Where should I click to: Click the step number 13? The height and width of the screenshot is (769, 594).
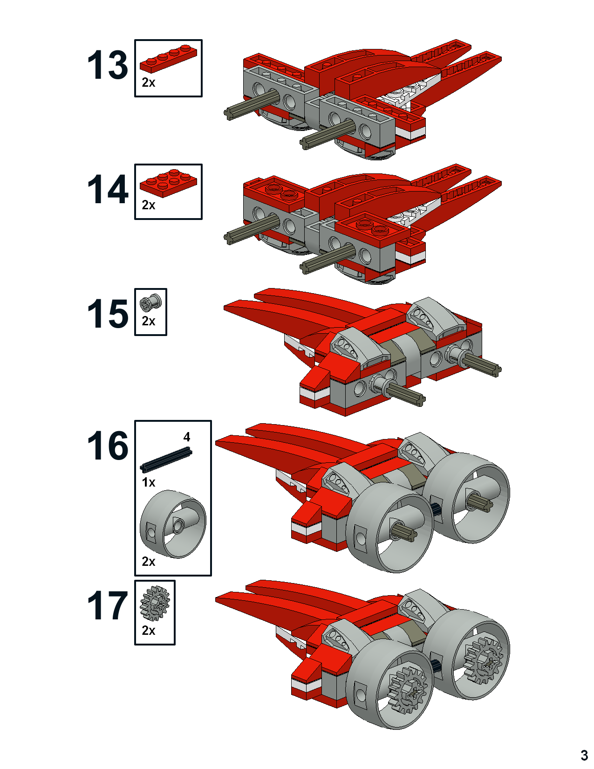point(108,65)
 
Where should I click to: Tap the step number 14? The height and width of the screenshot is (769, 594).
point(108,189)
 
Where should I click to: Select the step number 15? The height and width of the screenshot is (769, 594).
point(108,314)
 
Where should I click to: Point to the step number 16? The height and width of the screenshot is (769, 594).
point(108,446)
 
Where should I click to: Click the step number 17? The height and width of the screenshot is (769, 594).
point(108,606)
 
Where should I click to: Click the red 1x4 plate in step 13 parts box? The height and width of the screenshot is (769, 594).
point(168,58)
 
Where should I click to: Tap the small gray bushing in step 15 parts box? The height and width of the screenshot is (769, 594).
point(150,303)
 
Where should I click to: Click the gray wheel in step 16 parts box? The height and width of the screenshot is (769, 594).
point(173,524)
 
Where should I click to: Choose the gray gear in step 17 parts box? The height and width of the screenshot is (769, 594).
point(155,603)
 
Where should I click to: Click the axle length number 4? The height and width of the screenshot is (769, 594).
point(187,437)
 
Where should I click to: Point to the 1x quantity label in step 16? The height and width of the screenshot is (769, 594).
point(148,482)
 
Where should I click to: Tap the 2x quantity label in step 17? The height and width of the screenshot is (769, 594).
point(148,631)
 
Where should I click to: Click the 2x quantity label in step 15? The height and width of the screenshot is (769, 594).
point(148,321)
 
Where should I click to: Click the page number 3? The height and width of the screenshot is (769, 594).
point(584,755)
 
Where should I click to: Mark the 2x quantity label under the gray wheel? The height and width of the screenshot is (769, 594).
point(148,562)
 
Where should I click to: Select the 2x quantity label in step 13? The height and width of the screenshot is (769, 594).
point(148,82)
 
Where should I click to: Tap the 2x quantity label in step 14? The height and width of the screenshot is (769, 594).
point(148,205)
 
